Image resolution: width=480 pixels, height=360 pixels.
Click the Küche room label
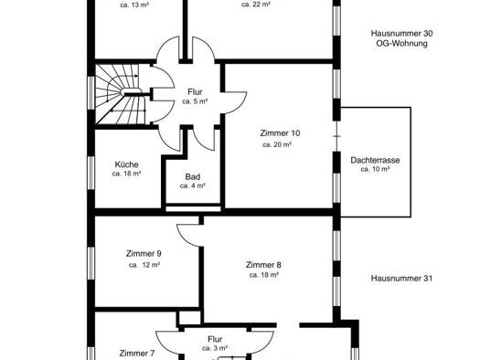[126, 164]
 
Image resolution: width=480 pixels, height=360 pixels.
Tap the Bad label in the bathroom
[193, 176]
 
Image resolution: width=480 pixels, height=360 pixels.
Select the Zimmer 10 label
[280, 133]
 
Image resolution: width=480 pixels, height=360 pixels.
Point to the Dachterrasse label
[375, 160]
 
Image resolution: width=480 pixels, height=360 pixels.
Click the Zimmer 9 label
[144, 254]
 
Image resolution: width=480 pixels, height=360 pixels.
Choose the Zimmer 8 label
[263, 265]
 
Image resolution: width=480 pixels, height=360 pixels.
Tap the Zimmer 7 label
[137, 354]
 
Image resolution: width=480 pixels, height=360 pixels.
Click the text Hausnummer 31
[401, 279]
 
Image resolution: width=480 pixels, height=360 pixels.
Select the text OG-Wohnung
[401, 43]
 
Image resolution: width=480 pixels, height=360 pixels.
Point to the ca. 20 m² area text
[277, 144]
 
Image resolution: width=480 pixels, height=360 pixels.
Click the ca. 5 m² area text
[195, 101]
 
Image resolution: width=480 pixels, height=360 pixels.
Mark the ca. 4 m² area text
[193, 185]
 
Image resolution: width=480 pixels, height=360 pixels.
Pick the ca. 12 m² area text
[144, 265]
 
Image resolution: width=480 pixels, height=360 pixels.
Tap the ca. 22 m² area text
[256, 5]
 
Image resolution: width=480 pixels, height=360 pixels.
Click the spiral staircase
[120, 94]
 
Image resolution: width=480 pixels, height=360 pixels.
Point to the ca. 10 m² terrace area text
[375, 169]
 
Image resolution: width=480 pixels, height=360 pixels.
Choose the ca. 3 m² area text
[215, 348]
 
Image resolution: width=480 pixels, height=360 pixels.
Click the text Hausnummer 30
[401, 33]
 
